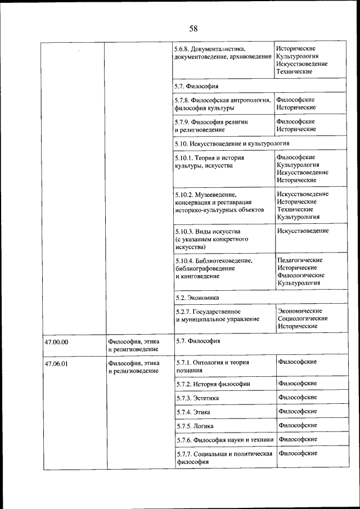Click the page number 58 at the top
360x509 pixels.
click(193, 29)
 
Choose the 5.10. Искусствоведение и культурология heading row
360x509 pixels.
click(232, 144)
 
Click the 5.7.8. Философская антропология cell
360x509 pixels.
click(223, 104)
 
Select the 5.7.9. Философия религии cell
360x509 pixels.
click(214, 125)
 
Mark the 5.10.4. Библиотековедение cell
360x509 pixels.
click(214, 268)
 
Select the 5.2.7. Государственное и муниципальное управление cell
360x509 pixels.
click(217, 316)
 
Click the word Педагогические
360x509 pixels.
click(300, 260)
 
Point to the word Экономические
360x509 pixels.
click(300, 310)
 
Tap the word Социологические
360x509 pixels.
click(303, 318)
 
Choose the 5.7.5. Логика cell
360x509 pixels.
click(195, 426)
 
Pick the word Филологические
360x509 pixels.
click(301, 276)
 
